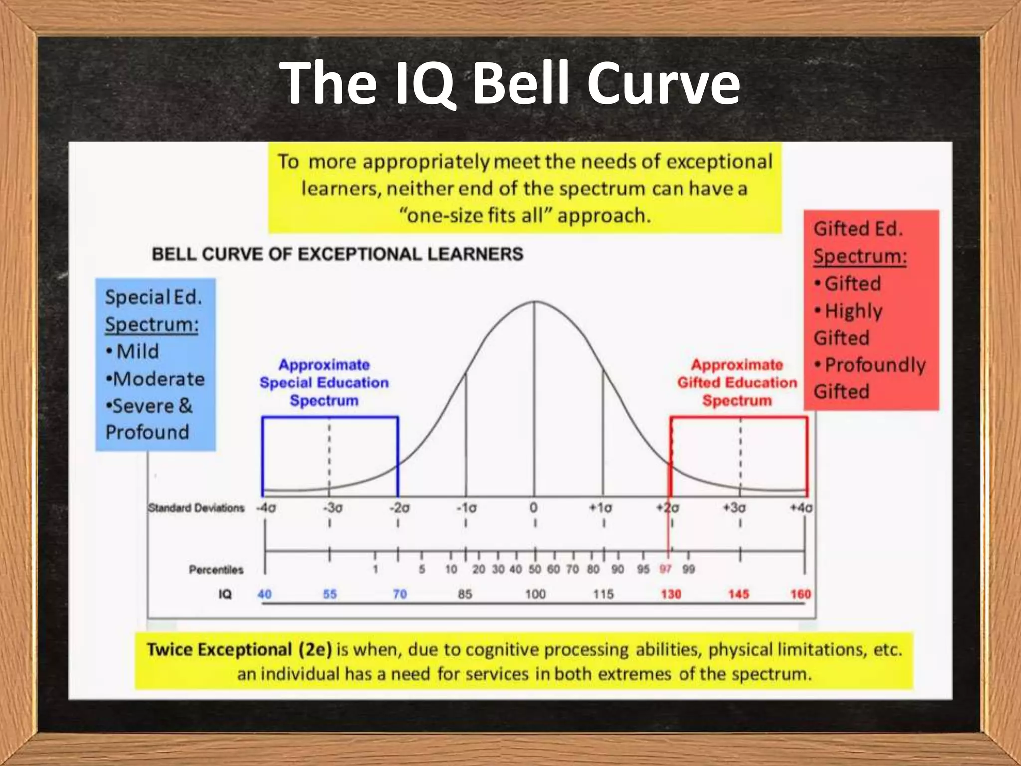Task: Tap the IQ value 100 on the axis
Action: point(535,594)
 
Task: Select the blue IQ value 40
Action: point(264,594)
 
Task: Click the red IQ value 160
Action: point(800,594)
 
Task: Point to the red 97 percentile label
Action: point(665,569)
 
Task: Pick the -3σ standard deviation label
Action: point(333,508)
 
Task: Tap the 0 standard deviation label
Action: point(534,508)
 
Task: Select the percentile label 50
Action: point(534,569)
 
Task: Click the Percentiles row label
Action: point(216,570)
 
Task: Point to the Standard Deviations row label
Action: point(196,508)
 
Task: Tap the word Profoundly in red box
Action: point(875,365)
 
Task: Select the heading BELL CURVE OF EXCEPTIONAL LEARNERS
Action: point(338,254)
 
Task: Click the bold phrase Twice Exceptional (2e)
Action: point(239,650)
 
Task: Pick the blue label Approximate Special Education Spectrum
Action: point(324,383)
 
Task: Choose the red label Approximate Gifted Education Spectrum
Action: point(737,383)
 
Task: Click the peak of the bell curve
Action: point(535,302)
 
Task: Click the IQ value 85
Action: point(465,594)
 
